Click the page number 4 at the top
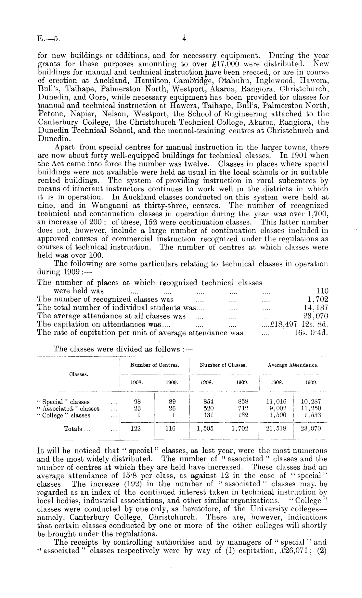point(184,39)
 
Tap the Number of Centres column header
point(155,365)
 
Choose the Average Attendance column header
point(293,365)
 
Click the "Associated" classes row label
point(68,409)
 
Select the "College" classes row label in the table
point(64,415)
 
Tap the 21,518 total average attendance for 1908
point(276,429)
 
